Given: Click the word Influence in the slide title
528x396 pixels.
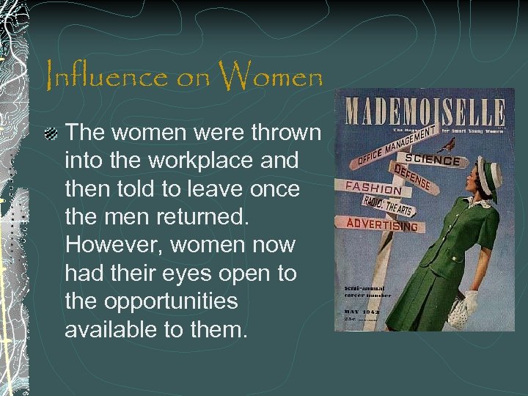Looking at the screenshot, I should pyautogui.click(x=109, y=76).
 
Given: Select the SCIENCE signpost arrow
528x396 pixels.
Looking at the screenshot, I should pyautogui.click(x=433, y=161).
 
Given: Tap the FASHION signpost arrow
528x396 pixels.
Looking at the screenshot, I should pyautogui.click(x=374, y=188).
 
